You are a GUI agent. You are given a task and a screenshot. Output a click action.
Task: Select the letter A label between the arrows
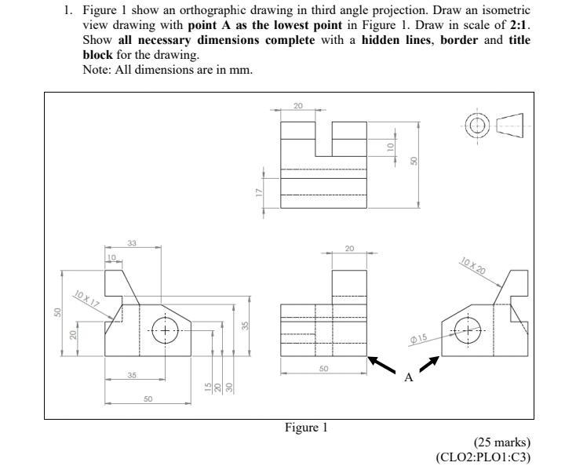coord(407,378)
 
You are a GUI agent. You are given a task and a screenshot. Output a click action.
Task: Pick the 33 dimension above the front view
coord(132,243)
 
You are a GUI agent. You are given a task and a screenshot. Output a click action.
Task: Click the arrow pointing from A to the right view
coord(430,365)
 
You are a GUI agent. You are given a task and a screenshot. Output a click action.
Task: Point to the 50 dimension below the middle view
coord(325,368)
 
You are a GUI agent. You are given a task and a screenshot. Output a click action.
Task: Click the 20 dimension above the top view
coord(298,104)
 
